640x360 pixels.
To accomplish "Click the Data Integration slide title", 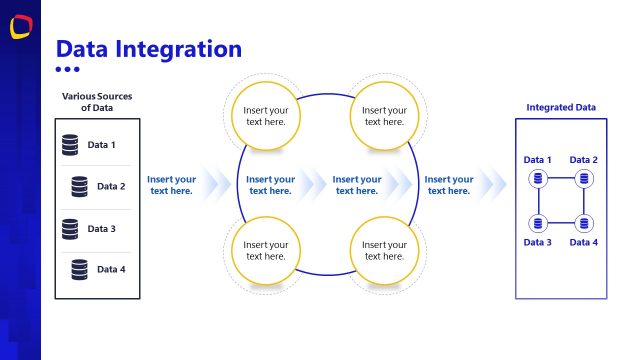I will [148, 48].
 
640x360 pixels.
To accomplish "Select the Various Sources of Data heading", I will [97, 102].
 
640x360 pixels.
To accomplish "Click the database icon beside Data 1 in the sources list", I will [69, 145].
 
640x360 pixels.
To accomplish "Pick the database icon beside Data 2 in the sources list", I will [79, 186].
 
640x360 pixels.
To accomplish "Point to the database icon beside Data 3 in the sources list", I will [69, 229].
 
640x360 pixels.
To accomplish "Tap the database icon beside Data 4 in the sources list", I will [79, 269].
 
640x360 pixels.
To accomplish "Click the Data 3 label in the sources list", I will [102, 229].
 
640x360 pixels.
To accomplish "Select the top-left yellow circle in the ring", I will [265, 116].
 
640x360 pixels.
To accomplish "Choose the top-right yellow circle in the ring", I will [384, 116].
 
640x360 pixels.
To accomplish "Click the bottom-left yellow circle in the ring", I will [265, 250].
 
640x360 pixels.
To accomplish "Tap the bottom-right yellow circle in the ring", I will [384, 250].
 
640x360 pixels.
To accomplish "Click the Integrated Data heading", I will [561, 107].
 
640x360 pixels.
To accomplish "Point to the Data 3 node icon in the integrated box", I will [538, 223].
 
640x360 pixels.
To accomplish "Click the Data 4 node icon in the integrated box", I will [584, 223].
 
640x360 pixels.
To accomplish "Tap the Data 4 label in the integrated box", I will [584, 243].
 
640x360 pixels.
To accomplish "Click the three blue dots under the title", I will [67, 69].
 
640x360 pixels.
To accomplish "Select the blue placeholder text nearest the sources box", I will [171, 185].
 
